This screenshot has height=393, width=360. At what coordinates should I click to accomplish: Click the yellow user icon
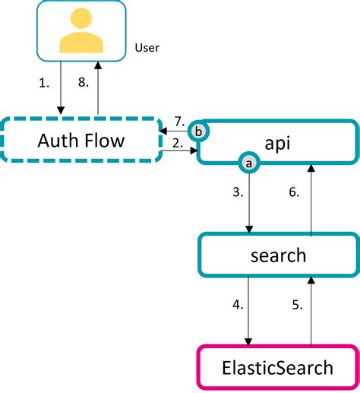click(x=81, y=30)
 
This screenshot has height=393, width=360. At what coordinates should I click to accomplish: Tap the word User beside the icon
click(x=147, y=48)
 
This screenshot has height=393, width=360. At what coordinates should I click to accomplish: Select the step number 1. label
click(x=44, y=83)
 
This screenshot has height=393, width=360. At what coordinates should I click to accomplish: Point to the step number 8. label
click(x=84, y=82)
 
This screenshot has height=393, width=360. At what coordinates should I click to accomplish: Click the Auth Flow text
click(x=81, y=141)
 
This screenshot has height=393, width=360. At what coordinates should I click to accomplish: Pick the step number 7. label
click(x=180, y=122)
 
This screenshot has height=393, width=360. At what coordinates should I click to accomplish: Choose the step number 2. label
click(x=178, y=144)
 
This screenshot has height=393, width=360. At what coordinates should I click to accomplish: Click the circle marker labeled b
click(x=199, y=132)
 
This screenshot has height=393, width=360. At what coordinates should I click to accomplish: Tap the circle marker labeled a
click(x=249, y=163)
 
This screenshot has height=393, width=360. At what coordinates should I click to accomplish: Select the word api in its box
click(x=277, y=144)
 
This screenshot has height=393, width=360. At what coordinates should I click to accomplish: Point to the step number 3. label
click(x=238, y=192)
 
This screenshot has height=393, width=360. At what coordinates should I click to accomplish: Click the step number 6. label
click(x=294, y=192)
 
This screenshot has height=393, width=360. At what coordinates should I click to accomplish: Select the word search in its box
click(x=278, y=255)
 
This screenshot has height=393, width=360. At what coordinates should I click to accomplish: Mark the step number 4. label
click(x=238, y=305)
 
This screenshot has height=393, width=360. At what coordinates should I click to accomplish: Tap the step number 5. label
click(x=297, y=305)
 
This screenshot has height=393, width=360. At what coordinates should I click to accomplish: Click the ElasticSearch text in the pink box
click(x=277, y=368)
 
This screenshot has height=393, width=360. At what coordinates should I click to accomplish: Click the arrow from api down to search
click(x=249, y=204)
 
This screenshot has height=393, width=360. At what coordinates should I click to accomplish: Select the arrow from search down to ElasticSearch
click(x=248, y=311)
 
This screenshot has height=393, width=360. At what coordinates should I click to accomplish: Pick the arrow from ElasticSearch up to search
click(x=311, y=311)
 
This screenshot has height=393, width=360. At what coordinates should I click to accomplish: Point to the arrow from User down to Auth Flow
click(x=61, y=87)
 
